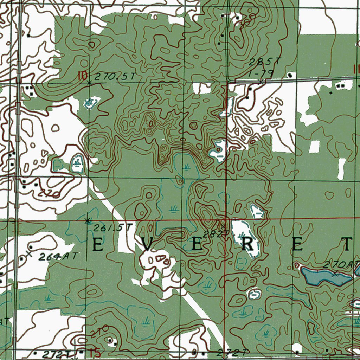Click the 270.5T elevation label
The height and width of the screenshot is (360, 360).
(115, 77)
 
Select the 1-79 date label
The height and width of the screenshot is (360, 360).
(261, 73)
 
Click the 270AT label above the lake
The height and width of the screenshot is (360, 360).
(342, 264)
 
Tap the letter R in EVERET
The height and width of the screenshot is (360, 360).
(248, 245)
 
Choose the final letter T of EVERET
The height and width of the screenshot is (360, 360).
(347, 244)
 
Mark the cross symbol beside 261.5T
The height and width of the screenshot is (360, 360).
(88, 221)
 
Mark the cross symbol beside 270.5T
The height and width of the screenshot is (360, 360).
(89, 83)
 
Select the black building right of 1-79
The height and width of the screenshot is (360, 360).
(289, 75)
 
